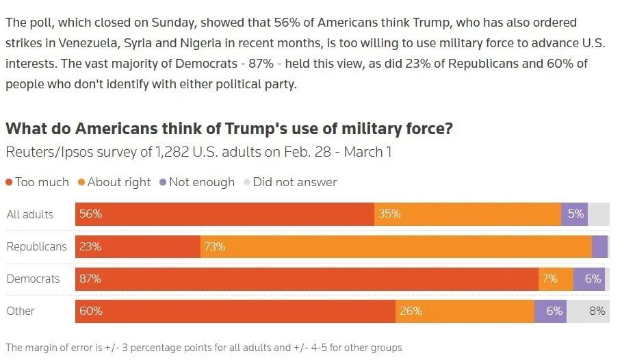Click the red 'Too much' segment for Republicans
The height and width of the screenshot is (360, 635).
138,246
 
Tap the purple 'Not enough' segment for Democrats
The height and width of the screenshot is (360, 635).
588,279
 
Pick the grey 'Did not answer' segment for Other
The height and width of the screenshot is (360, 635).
588,311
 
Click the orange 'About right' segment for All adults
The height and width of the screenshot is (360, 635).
467,214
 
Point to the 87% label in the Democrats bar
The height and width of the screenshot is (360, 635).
90,279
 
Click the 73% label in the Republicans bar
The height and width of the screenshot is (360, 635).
214,246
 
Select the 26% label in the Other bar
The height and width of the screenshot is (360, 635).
411,311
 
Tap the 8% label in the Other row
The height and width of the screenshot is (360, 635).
597,311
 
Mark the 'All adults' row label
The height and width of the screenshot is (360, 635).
29,214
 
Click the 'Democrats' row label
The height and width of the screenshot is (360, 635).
33,279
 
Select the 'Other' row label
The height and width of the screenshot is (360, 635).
21,311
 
